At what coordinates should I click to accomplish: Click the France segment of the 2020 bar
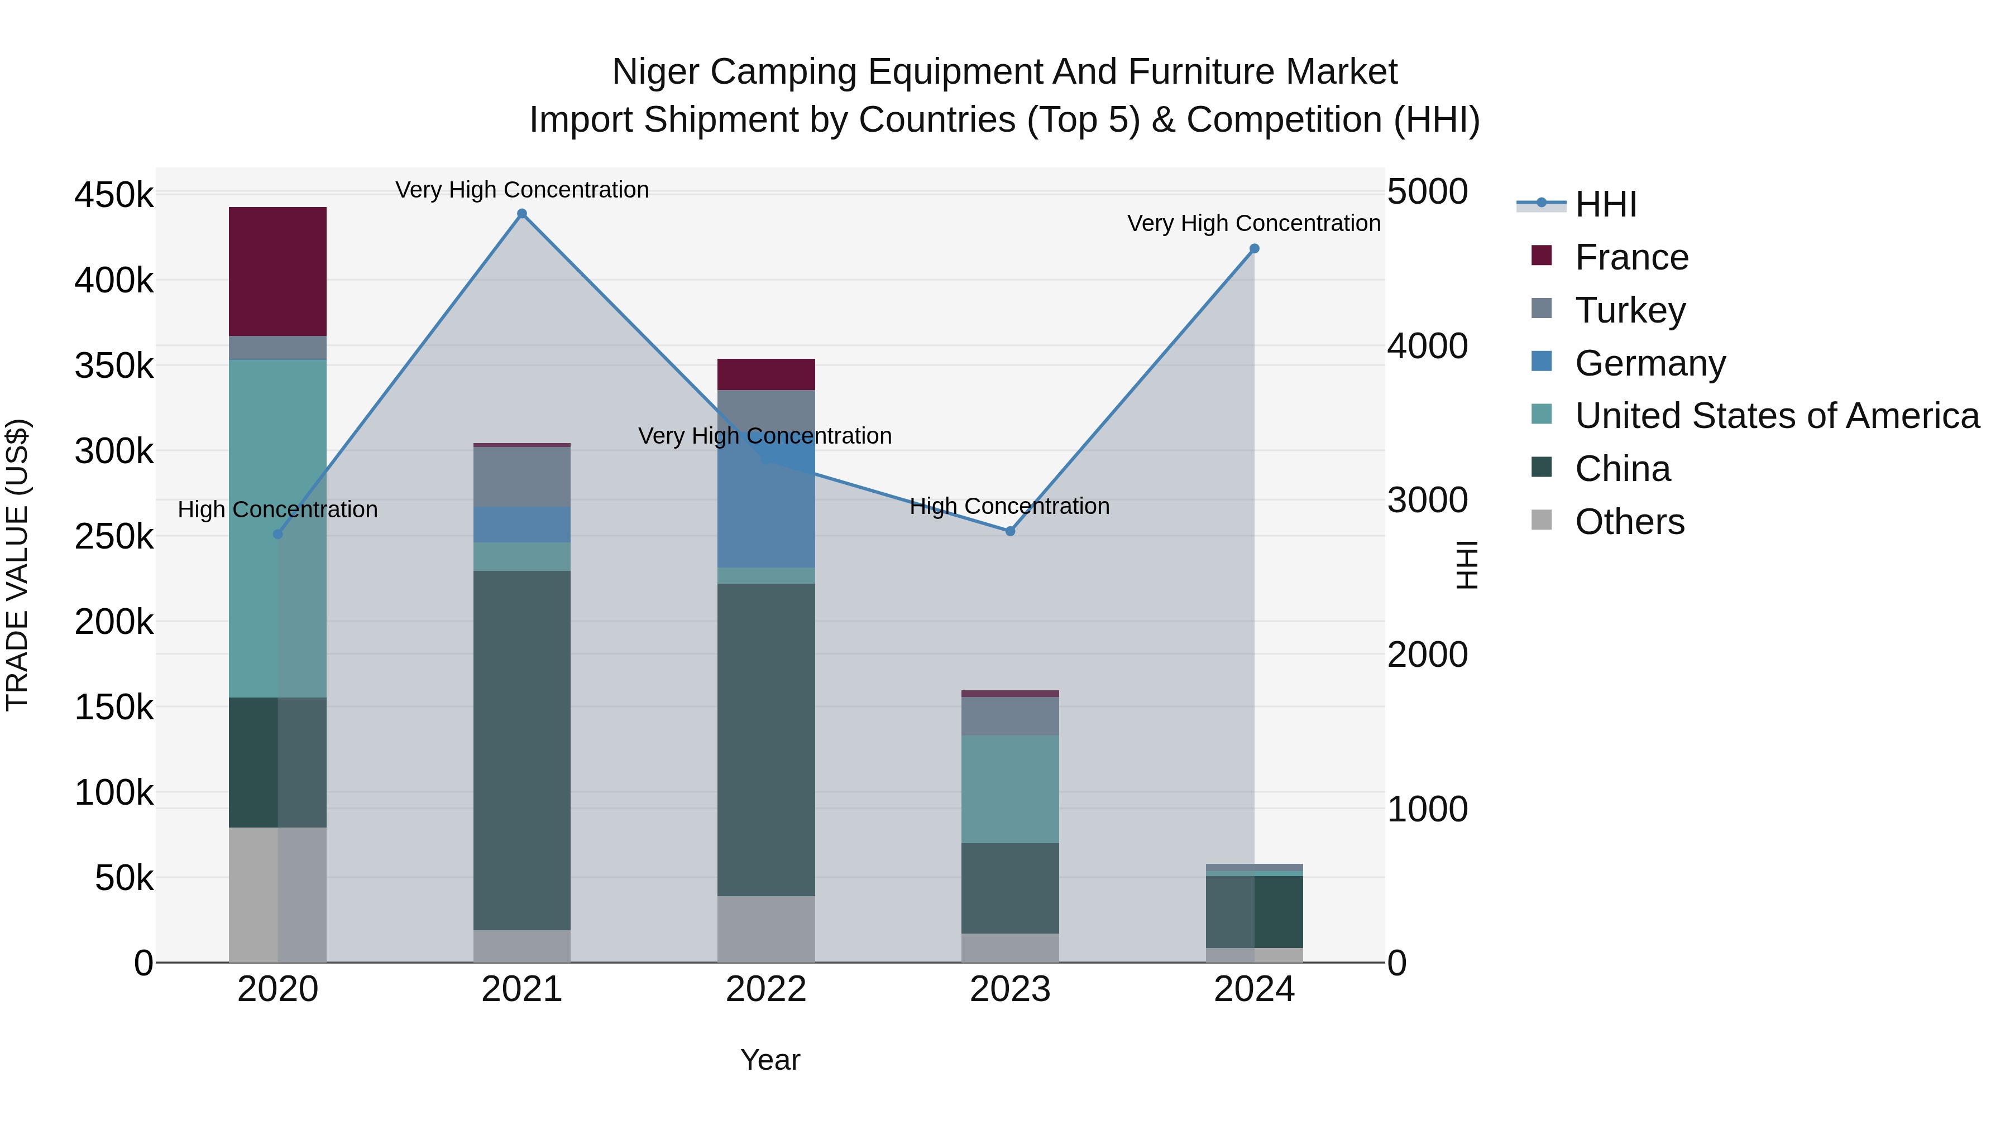[x=277, y=271]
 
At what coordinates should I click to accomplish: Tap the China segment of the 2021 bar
[x=521, y=749]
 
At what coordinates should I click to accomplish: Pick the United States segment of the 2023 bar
[x=1009, y=788]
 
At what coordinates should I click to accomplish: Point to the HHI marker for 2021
[x=522, y=214]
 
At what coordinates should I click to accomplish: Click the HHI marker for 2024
[x=1254, y=249]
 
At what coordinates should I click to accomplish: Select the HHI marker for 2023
[x=1009, y=531]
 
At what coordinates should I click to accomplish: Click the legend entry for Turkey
[x=1629, y=310]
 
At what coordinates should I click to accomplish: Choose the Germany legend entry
[x=1649, y=363]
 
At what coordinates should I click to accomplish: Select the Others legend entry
[x=1629, y=522]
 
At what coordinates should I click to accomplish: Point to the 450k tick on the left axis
[x=114, y=194]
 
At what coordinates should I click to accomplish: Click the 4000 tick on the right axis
[x=1427, y=346]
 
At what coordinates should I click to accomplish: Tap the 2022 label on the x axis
[x=765, y=989]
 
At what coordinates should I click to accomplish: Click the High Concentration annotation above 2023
[x=1009, y=506]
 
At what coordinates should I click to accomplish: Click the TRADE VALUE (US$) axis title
[x=17, y=565]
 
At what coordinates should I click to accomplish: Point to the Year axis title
[x=769, y=1060]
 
